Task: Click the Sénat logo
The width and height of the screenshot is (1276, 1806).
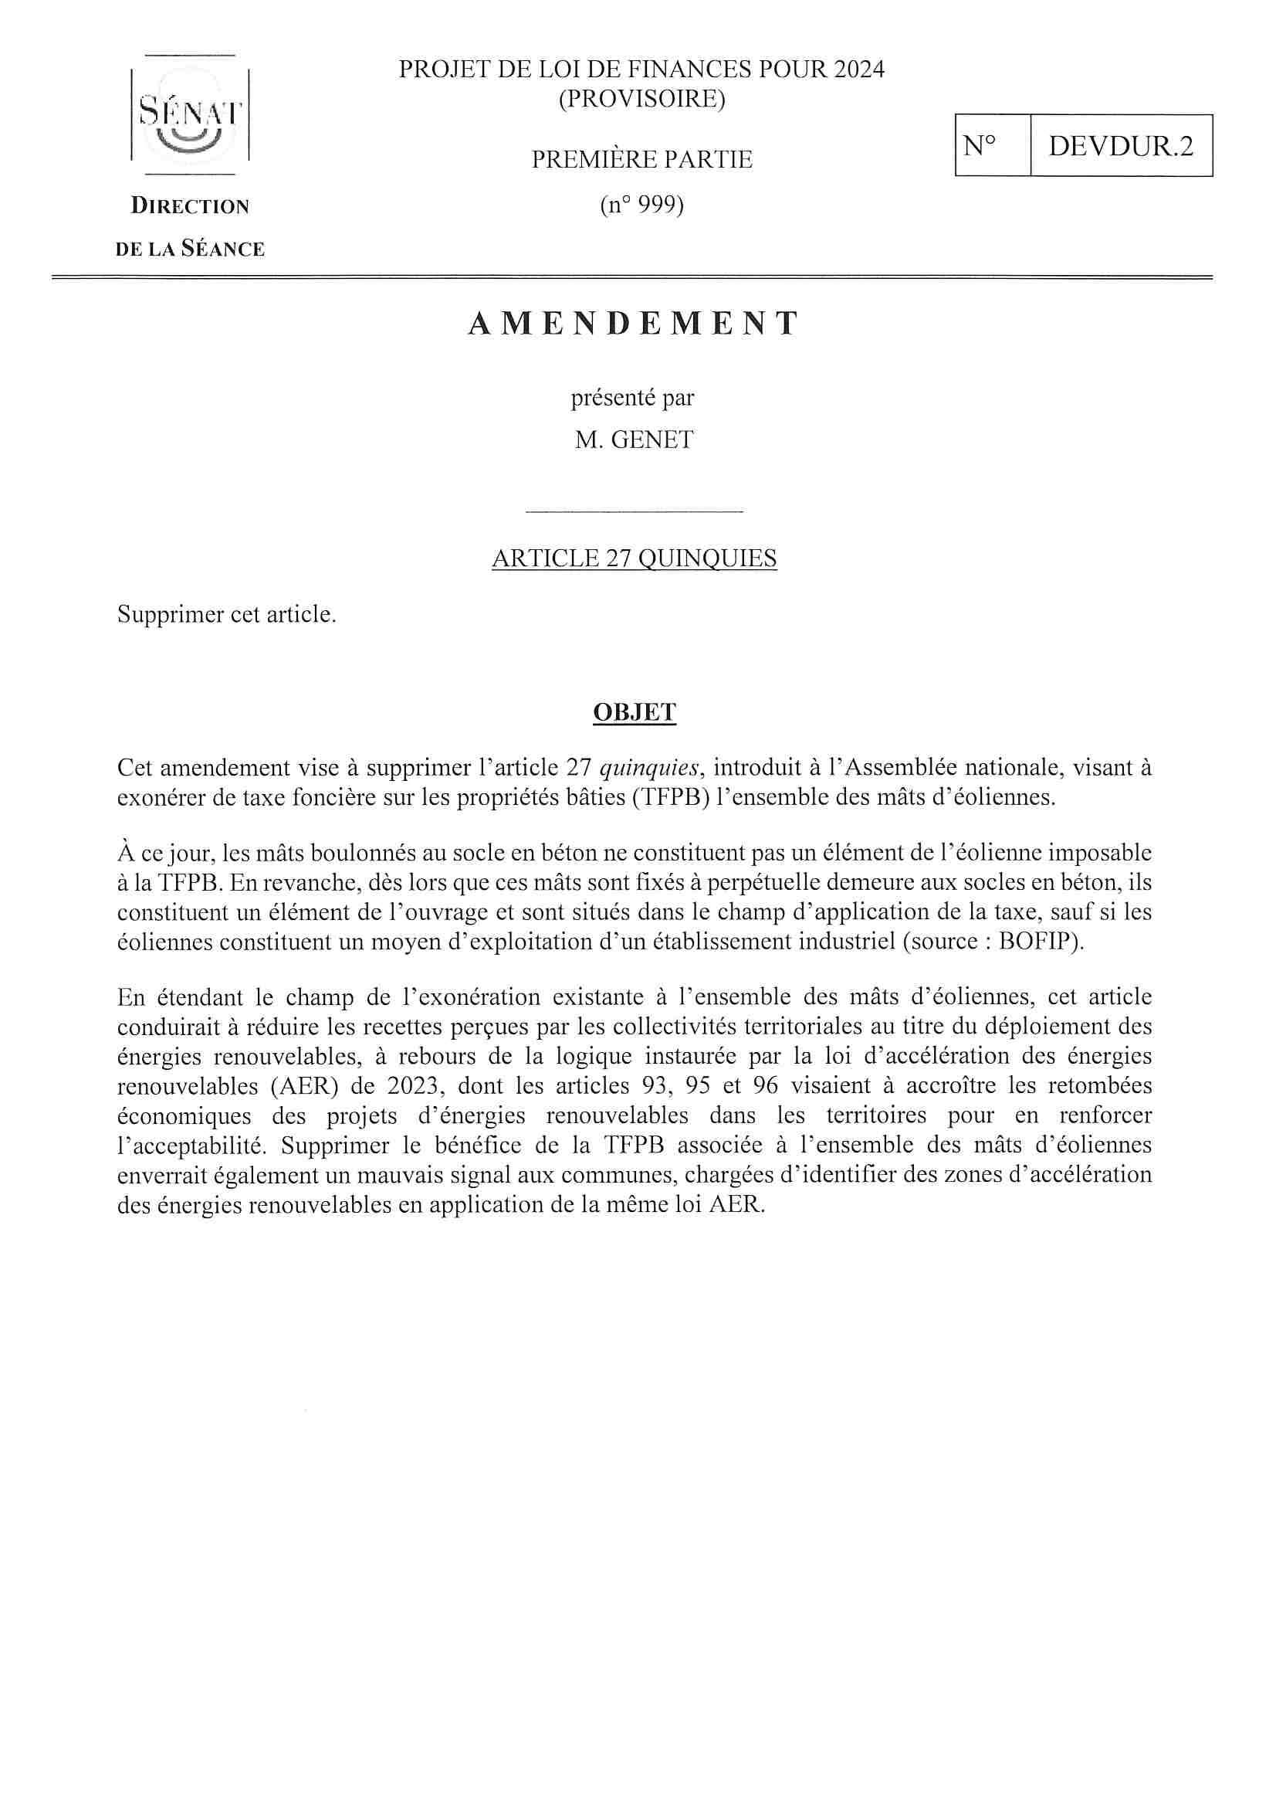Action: point(189,115)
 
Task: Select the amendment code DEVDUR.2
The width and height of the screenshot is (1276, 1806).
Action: point(1120,145)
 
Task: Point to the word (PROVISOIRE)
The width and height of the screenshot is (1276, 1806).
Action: point(641,100)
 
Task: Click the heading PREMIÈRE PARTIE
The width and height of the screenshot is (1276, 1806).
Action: point(641,160)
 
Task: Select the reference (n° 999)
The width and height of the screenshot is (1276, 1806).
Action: point(641,205)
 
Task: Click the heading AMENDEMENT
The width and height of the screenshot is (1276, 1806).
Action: point(634,324)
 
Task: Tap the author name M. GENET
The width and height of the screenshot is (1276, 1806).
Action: point(634,440)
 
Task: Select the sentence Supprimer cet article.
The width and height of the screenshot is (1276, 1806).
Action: point(226,614)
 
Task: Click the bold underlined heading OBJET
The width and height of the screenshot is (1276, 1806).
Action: point(634,712)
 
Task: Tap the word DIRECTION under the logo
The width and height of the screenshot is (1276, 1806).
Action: point(189,207)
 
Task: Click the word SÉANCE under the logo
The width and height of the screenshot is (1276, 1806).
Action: point(223,250)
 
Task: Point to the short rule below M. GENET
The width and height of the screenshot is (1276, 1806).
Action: point(634,512)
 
